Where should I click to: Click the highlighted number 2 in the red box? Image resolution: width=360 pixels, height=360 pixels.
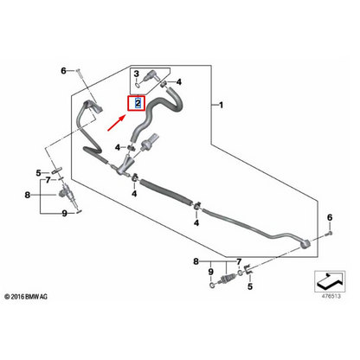(136, 103)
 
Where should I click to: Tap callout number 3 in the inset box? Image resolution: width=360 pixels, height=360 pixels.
(136, 76)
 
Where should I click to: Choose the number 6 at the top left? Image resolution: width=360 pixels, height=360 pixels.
(62, 69)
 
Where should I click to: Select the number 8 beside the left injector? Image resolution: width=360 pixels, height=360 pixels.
(29, 195)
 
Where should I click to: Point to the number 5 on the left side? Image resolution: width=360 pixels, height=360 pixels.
(39, 172)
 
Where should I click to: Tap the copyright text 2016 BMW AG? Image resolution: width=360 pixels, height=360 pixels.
(33, 298)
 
